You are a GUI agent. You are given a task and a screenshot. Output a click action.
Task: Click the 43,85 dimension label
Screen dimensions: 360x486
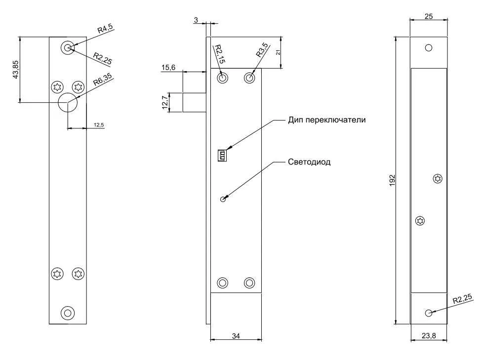16,69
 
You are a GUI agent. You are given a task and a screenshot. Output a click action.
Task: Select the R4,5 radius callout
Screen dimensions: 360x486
105,29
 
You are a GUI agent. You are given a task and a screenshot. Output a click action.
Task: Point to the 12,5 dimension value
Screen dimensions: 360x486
99,125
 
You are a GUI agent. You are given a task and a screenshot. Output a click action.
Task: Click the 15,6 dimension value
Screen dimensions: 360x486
168,67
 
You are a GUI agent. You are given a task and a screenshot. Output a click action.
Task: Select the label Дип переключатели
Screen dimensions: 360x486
327,120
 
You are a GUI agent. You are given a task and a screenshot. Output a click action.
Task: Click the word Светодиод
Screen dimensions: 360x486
309,161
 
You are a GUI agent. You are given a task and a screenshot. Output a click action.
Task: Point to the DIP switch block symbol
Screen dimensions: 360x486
222,156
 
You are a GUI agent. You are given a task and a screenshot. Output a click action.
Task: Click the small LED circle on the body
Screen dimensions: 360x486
223,199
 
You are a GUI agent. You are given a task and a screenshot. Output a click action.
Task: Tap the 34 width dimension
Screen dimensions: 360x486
236,336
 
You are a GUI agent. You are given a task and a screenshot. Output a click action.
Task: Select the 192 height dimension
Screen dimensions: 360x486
391,180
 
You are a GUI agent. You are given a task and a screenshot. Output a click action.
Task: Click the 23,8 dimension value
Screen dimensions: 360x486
428,336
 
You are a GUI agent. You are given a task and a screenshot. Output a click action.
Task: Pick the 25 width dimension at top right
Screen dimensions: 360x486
428,17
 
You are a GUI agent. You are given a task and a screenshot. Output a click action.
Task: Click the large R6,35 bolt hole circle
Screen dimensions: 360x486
68,102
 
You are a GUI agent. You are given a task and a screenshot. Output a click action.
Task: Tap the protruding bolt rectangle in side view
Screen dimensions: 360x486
194,102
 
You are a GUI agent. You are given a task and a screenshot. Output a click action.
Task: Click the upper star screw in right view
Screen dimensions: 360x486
437,179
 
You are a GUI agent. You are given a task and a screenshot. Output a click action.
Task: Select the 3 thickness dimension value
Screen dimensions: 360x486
196,20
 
